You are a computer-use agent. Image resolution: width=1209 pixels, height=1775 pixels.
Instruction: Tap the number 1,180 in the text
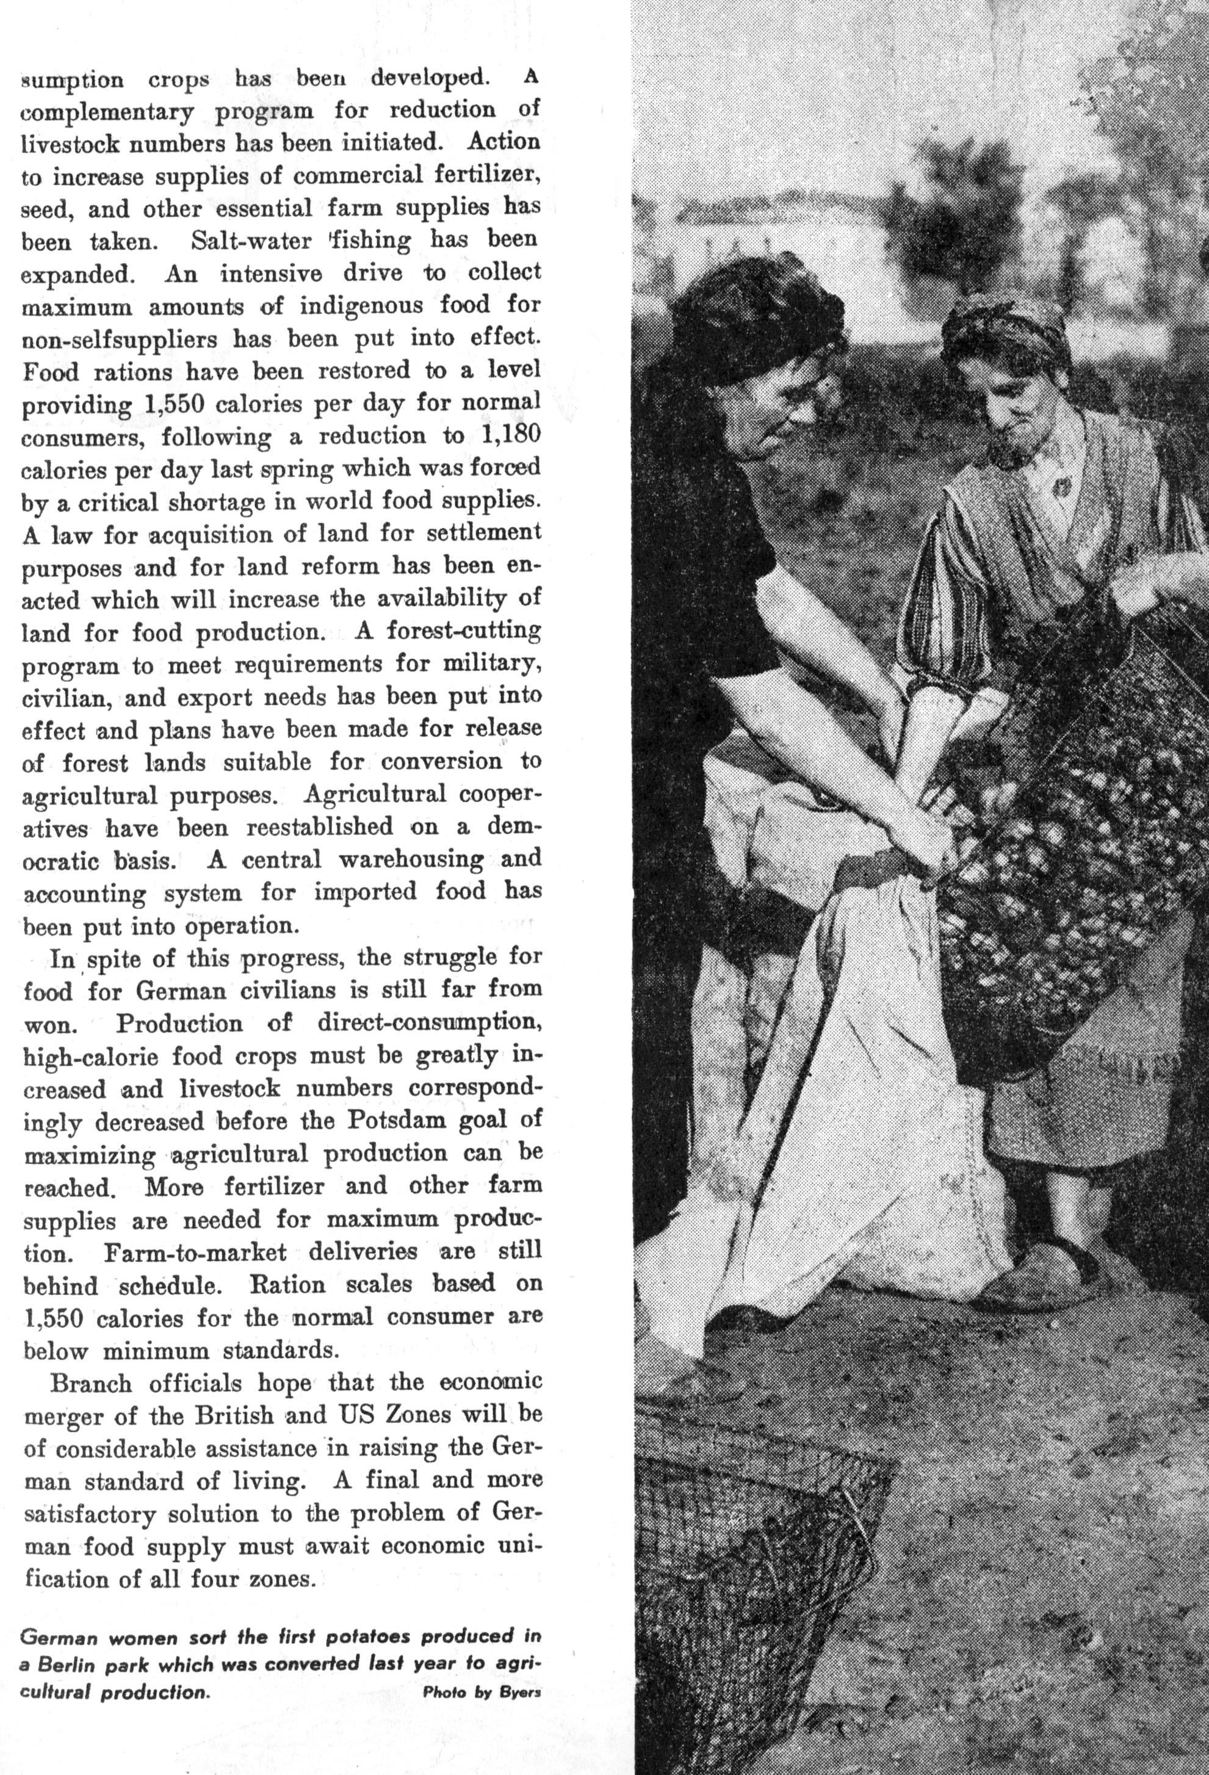click(x=511, y=435)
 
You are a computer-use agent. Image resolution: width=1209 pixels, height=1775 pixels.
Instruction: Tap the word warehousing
click(x=411, y=859)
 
